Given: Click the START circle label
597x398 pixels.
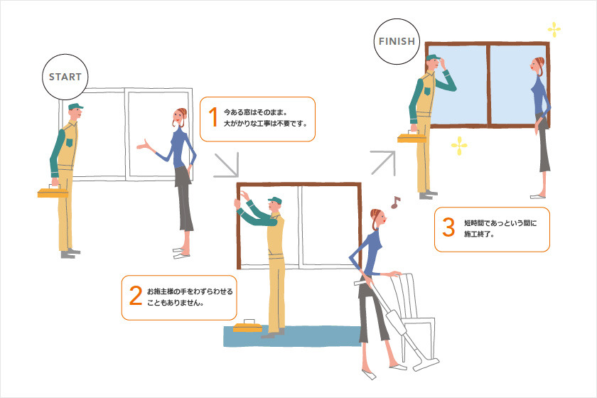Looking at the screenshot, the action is click(x=65, y=77).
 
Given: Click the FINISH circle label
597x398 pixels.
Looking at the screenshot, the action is click(x=397, y=41).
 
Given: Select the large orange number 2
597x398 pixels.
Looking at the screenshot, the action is click(x=136, y=296).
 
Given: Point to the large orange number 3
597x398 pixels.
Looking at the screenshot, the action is click(x=448, y=227).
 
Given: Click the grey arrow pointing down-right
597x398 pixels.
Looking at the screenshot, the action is click(x=227, y=165).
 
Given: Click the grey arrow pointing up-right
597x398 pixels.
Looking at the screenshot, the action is click(x=383, y=163).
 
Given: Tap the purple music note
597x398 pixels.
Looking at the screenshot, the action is click(x=396, y=203).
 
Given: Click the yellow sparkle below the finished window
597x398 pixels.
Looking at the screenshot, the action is click(x=459, y=146).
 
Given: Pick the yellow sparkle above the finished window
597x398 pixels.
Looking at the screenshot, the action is click(x=554, y=30).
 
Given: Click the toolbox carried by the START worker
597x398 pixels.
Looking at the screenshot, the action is click(x=53, y=192).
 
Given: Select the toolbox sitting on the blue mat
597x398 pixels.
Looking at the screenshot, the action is click(x=248, y=326).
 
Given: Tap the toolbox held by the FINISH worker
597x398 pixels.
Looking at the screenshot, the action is click(x=412, y=136).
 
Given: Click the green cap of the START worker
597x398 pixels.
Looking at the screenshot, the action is click(x=75, y=107).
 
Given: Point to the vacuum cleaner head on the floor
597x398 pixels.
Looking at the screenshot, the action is click(x=426, y=364).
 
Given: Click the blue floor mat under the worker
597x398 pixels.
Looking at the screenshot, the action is click(x=292, y=337).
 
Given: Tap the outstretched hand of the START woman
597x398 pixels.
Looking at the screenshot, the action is click(x=144, y=145).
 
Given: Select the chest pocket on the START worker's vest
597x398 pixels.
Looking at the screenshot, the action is click(x=69, y=143).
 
